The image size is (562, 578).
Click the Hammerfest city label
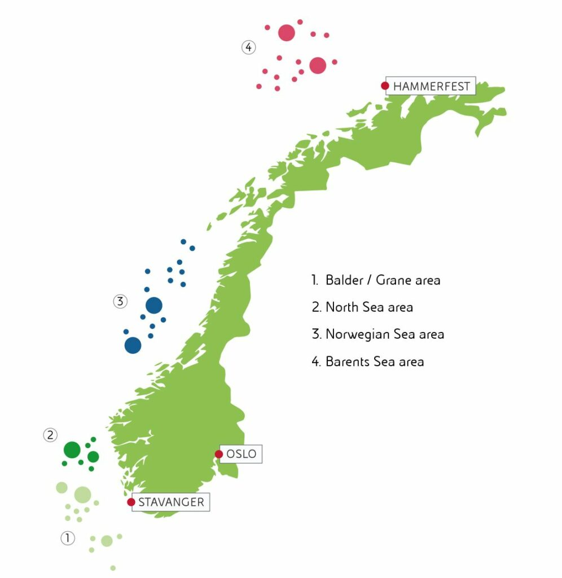tap(431, 87)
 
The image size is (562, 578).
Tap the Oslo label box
tap(241, 454)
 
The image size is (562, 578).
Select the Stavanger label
tap(171, 502)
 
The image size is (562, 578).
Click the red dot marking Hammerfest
tap(385, 86)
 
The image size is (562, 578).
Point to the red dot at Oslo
tap(219, 454)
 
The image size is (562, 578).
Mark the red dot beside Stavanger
tap(131, 502)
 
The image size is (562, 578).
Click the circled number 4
tap(249, 47)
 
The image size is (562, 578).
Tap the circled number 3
tap(119, 301)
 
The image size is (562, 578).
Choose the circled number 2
tap(50, 435)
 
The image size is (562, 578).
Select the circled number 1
tap(67, 538)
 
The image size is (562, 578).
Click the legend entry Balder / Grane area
tap(376, 280)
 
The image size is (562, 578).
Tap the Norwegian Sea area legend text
tap(377, 334)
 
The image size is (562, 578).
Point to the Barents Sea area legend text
tap(367, 361)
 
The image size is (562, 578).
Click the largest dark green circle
tap(72, 450)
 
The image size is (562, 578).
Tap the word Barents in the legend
tap(348, 361)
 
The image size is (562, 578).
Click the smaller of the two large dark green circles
tap(93, 456)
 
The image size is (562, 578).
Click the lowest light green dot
tap(113, 568)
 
